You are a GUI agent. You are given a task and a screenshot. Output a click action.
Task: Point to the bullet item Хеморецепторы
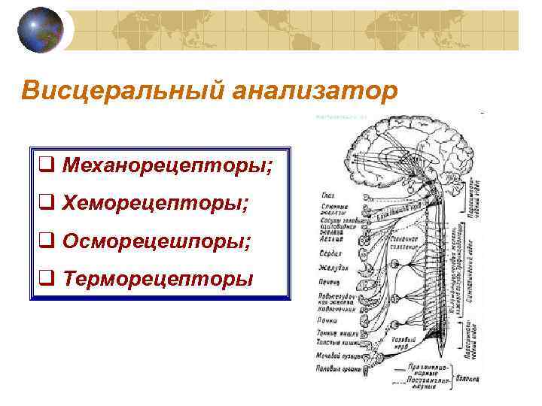click(156, 202)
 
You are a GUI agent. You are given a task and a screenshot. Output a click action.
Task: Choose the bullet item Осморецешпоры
click(157, 241)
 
